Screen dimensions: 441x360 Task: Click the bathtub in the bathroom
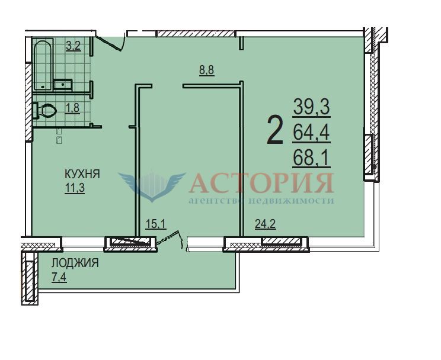[x=43, y=65]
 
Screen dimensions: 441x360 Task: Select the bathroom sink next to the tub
[x=63, y=84]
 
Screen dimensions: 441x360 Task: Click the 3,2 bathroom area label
[x=73, y=46]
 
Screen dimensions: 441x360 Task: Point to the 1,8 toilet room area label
[x=72, y=108]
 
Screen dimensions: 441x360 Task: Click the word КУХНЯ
[x=82, y=174]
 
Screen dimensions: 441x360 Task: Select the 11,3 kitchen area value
[x=75, y=188]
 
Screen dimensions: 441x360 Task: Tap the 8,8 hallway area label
[x=207, y=70]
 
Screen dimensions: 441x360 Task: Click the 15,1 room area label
[x=156, y=224]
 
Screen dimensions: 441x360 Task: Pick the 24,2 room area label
[x=265, y=224]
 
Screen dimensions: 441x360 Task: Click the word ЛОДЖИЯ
[x=75, y=263]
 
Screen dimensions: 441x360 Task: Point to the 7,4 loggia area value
[x=59, y=277]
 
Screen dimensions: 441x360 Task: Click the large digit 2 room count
[x=275, y=130]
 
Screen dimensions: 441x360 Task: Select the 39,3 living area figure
[x=312, y=107]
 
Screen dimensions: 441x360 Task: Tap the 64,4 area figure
[x=311, y=133]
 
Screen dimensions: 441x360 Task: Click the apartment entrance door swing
[x=111, y=41]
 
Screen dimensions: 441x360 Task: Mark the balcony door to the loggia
[x=170, y=239]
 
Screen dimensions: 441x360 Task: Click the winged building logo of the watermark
[x=152, y=186]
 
